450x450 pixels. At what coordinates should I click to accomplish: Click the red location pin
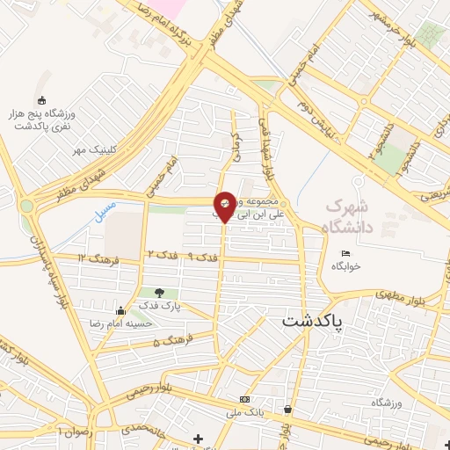[x=225, y=206]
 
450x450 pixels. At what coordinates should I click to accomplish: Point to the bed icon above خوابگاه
[x=345, y=254]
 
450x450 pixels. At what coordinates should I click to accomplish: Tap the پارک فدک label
[x=159, y=306]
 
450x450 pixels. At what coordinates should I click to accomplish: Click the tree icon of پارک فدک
[x=159, y=294]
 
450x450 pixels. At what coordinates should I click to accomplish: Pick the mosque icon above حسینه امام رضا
[x=120, y=310]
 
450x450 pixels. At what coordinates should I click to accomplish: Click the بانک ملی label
[x=245, y=411]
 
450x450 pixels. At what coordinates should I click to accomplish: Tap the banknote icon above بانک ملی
[x=243, y=400]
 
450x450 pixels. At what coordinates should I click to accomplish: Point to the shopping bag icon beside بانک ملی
[x=288, y=410]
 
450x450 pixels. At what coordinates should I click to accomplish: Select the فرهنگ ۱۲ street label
[x=94, y=258]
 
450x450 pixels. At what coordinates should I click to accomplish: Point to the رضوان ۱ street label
[x=74, y=432]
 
